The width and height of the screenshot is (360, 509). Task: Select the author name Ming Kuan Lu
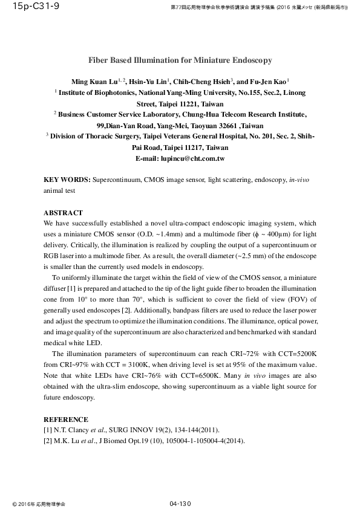(92, 82)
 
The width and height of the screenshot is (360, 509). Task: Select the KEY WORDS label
(67, 180)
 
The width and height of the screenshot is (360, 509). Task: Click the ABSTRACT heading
(63, 213)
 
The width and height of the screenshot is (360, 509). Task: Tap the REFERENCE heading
(66, 420)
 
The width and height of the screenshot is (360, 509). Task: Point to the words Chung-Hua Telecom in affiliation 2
(197, 114)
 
